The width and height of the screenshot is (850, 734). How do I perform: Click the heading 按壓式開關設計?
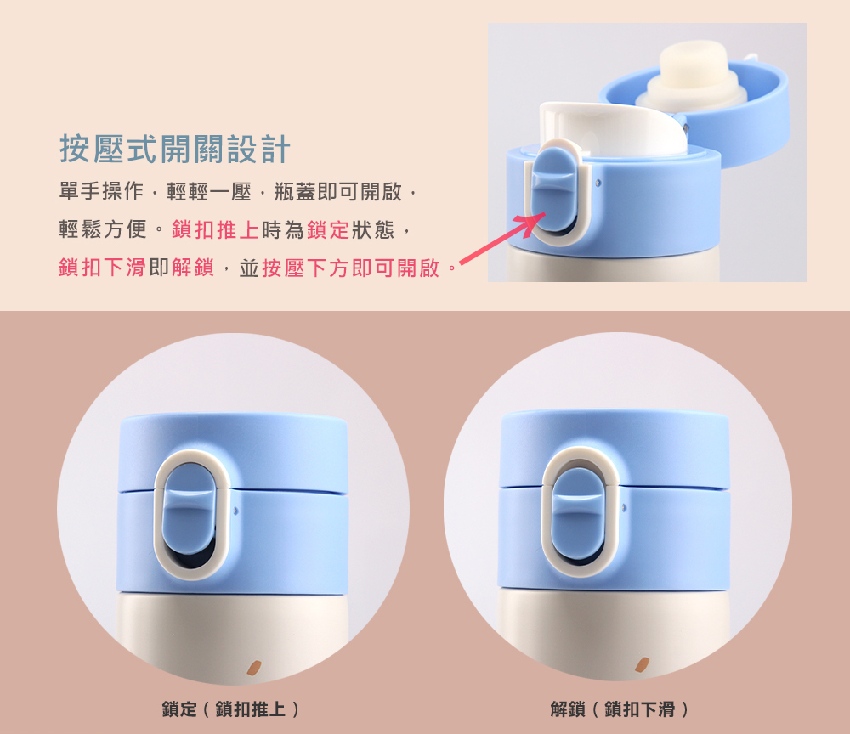tap(175, 149)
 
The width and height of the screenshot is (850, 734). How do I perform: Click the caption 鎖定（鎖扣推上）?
tap(230, 709)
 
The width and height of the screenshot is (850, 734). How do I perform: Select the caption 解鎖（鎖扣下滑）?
tap(619, 709)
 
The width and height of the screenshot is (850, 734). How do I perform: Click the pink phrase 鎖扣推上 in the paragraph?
tap(215, 230)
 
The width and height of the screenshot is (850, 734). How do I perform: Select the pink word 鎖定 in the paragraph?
tap(328, 230)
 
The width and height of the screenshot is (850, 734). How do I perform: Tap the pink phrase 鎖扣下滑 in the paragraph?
tap(103, 268)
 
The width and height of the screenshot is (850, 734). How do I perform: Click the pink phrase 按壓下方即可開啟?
tap(351, 268)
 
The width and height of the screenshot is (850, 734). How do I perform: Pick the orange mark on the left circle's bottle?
tap(253, 668)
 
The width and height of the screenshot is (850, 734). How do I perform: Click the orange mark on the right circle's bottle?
tap(642, 664)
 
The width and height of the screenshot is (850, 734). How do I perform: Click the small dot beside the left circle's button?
tap(235, 511)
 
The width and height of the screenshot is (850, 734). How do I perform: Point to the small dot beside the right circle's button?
tap(624, 508)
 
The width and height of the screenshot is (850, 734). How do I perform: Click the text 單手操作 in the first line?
tap(101, 192)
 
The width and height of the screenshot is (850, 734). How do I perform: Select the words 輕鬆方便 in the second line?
tap(103, 230)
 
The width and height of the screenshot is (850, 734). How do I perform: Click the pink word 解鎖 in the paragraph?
tap(193, 268)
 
